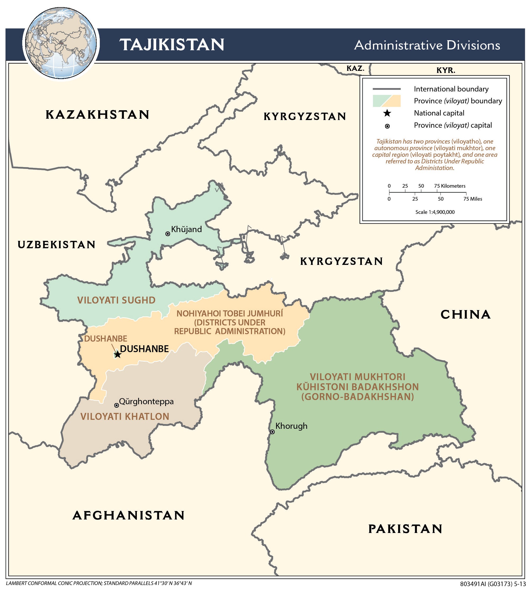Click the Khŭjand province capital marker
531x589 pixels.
coord(168,234)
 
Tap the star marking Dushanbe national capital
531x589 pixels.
coord(118,355)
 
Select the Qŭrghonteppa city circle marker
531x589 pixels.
coord(116,405)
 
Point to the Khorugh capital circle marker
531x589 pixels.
coord(272,432)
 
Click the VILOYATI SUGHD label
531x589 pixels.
coord(116,300)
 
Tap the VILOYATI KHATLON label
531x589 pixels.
coord(125,416)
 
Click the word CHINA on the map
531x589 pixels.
coord(465,315)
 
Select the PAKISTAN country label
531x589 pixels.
coord(405,529)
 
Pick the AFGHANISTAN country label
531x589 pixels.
coord(129,515)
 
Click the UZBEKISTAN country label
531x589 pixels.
coord(57,245)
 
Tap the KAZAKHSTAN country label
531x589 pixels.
coord(97,114)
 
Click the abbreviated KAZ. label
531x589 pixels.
coord(355,68)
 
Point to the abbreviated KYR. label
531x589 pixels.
coord(445,70)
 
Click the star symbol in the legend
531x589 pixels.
coord(387,113)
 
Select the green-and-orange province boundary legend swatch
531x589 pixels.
coord(386,101)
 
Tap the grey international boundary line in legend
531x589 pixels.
coord(386,89)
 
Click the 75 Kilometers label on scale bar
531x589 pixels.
coord(449,186)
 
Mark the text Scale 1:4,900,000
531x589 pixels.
coord(435,212)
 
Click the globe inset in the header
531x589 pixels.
coord(61,43)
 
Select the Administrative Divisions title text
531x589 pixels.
coord(427,45)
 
